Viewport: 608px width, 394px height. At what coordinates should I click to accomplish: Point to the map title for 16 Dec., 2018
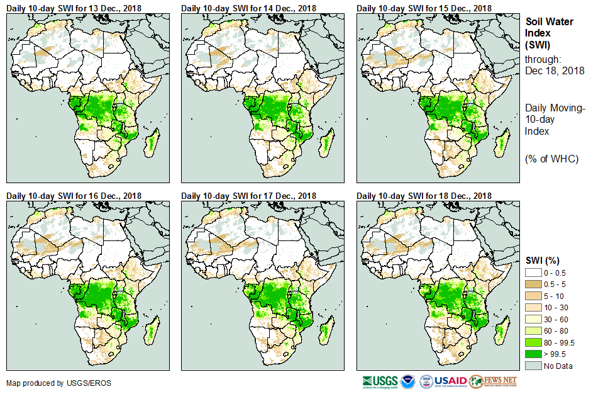[74, 196]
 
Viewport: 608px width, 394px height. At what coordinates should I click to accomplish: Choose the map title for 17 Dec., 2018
[249, 196]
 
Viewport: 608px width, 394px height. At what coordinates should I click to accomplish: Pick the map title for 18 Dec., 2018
[424, 196]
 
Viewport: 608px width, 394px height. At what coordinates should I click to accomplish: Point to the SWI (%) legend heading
[543, 261]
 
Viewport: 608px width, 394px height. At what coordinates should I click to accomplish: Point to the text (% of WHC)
[551, 159]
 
